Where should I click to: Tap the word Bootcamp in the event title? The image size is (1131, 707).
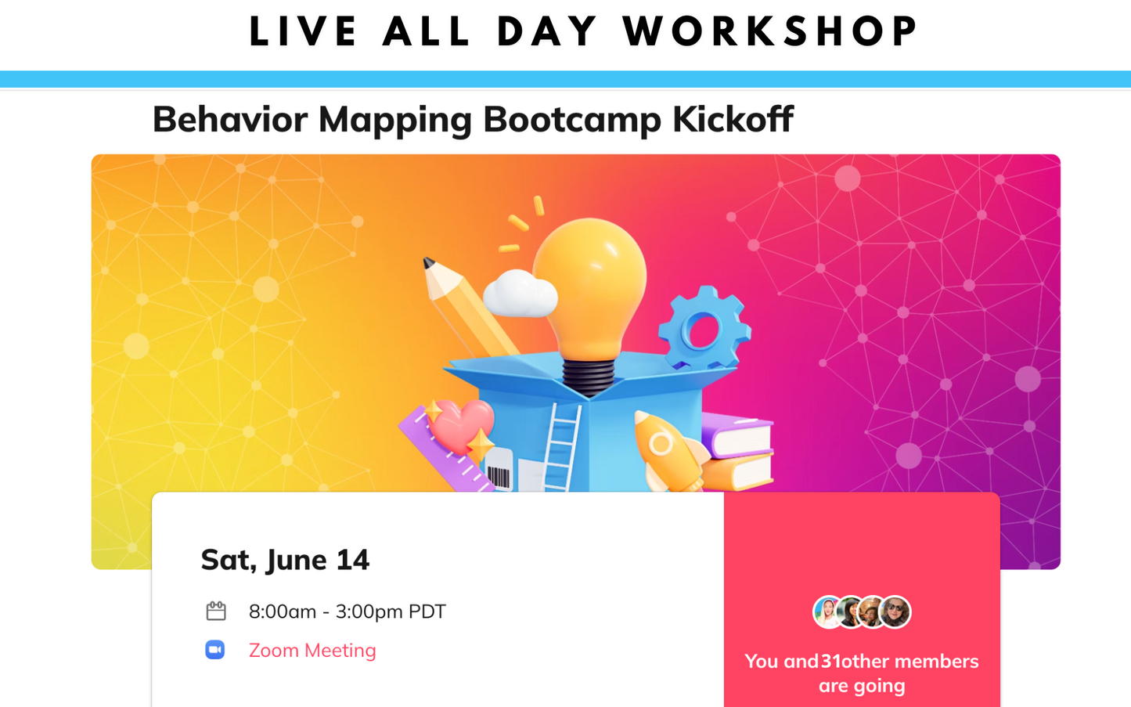572,121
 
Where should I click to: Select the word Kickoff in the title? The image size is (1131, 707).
733,119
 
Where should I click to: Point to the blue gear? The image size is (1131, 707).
704,328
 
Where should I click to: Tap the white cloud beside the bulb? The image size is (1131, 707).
520,294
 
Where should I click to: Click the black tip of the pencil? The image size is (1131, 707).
427,262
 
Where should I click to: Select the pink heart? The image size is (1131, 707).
460,425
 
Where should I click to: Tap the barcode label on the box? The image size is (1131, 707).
499,470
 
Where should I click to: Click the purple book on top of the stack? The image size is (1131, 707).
737,435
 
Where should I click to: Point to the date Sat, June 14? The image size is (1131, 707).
285,561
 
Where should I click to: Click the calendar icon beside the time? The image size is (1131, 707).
216,611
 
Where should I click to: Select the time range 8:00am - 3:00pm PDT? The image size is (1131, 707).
348,611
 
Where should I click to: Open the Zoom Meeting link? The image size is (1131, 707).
312,651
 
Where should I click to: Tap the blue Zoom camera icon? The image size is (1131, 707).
215,650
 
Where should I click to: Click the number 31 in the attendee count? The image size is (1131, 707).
830,662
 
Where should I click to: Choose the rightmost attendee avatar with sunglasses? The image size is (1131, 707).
895,612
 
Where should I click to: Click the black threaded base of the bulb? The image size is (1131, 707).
589,377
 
